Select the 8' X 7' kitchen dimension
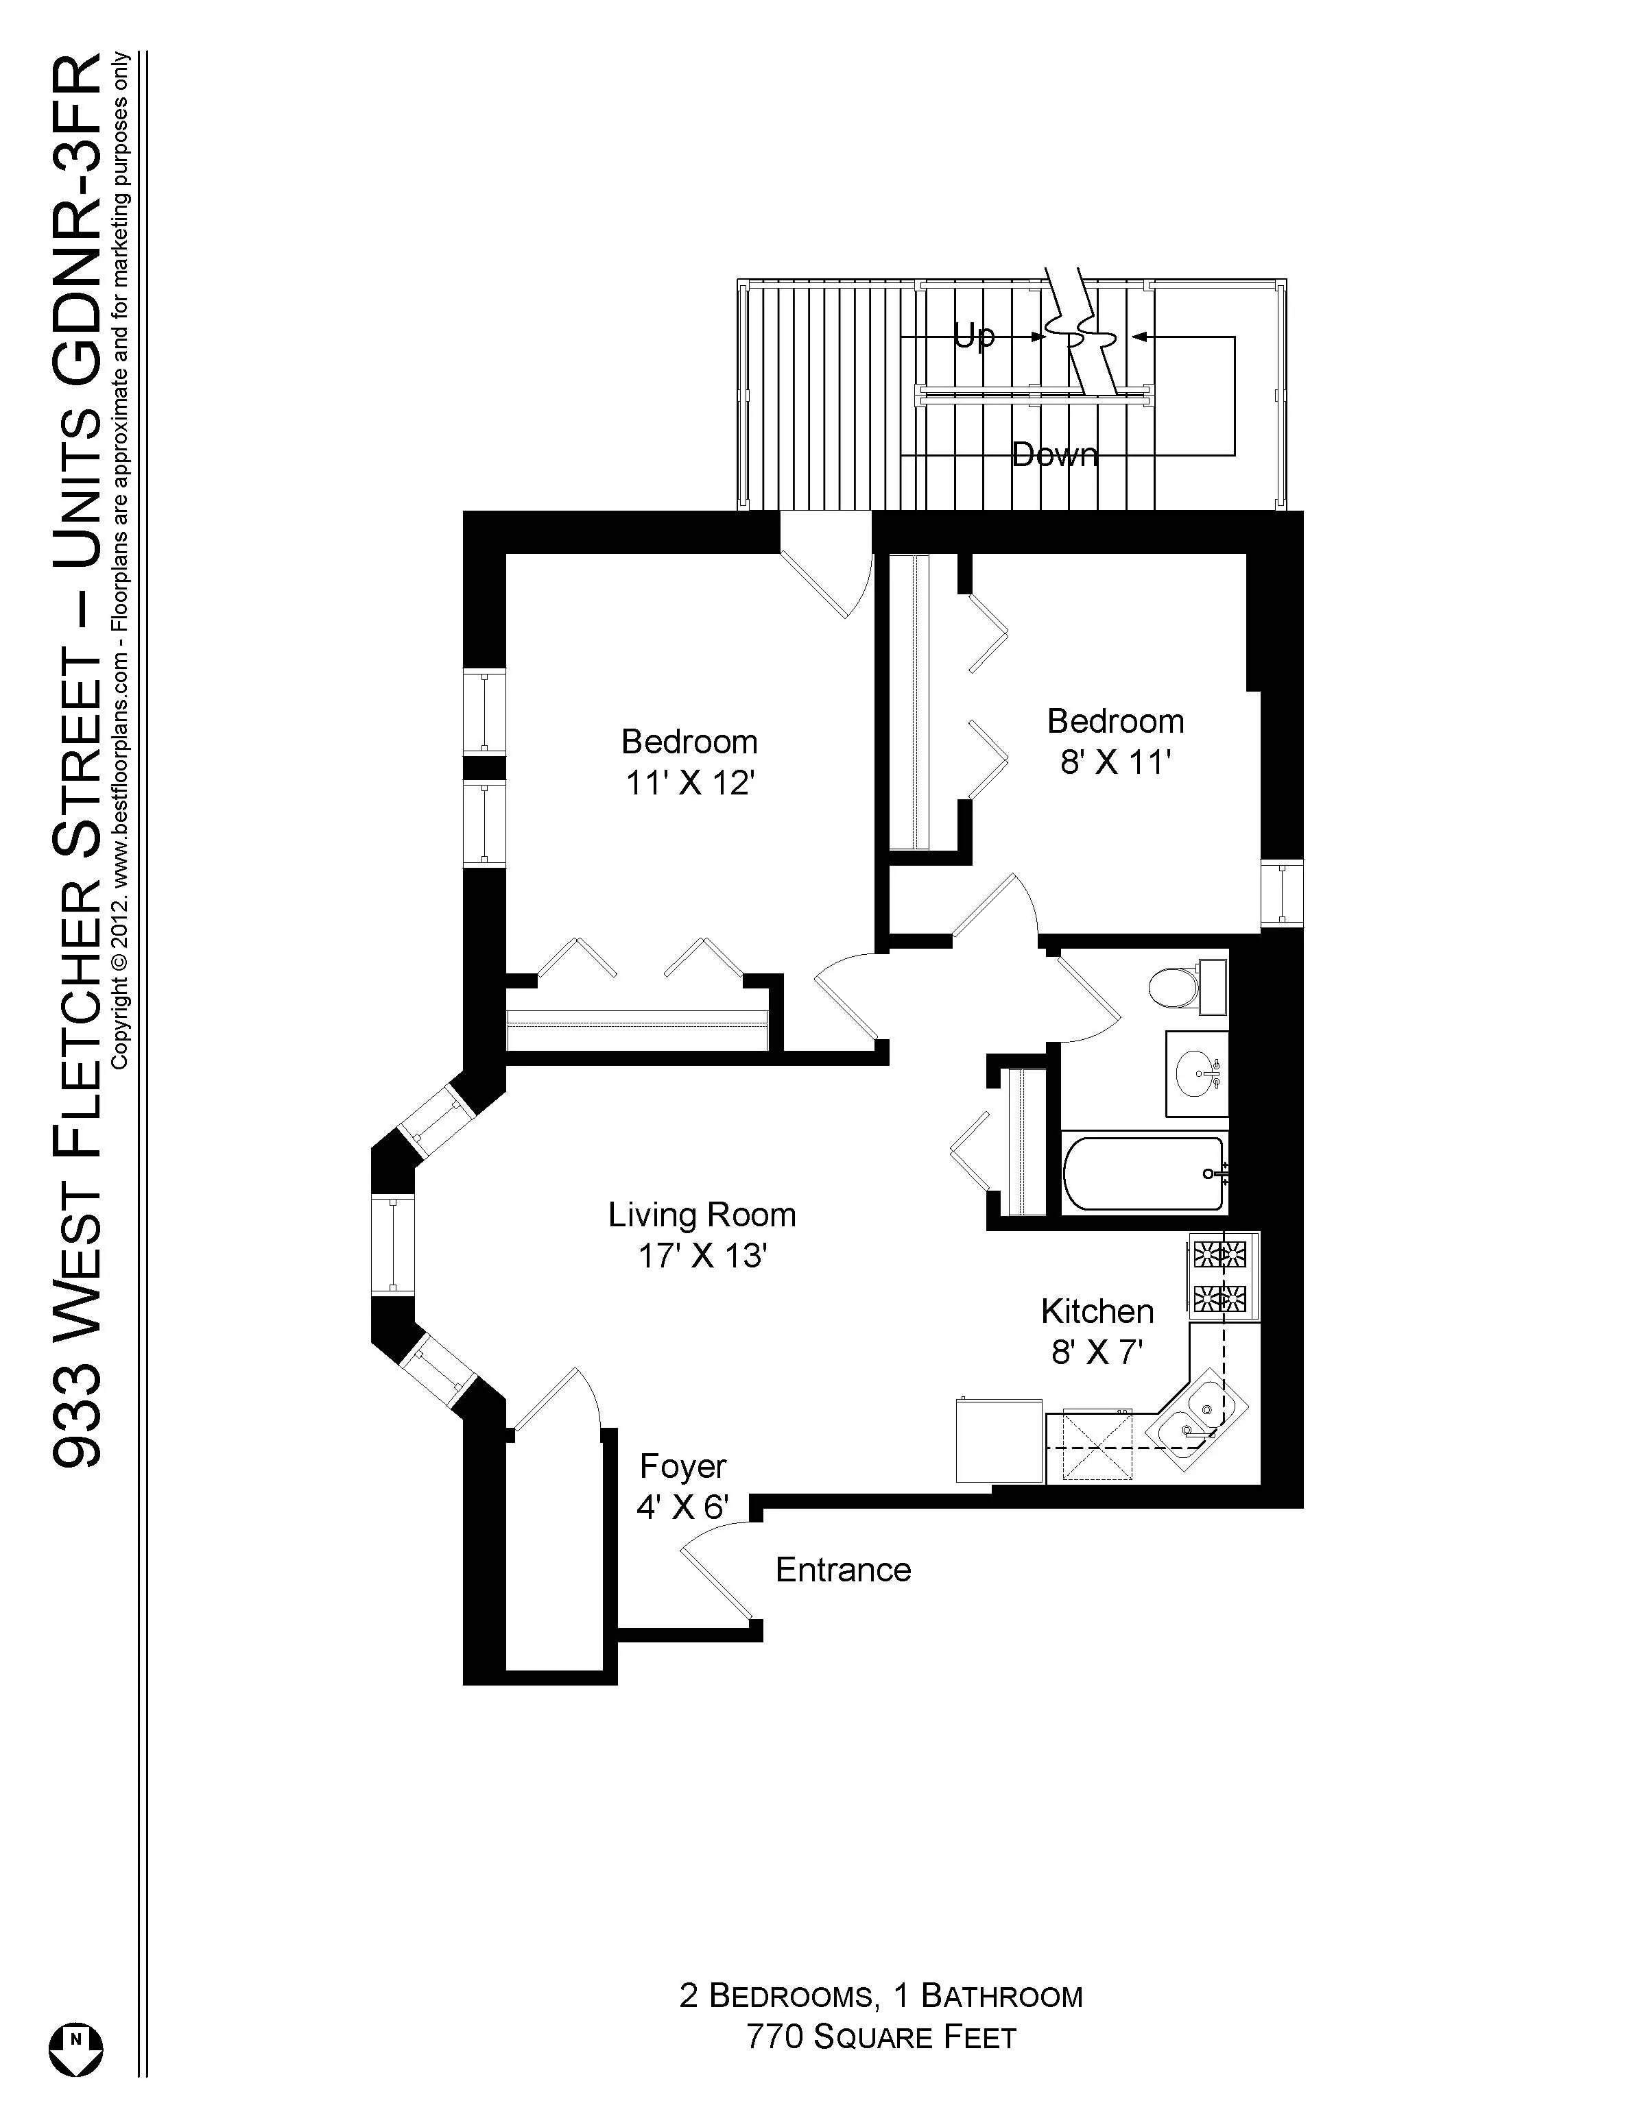[1096, 1352]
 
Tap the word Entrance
[843, 1570]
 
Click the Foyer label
[682, 1466]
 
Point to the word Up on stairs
[974, 336]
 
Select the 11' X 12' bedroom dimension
[689, 782]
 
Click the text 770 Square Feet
[881, 2037]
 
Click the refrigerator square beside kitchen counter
[999, 1440]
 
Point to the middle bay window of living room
[392, 1244]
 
